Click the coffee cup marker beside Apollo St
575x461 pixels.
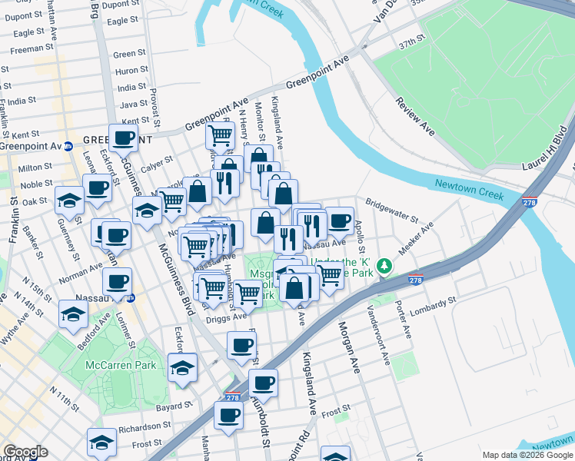pos(339,221)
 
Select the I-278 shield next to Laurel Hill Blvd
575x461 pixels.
pos(529,202)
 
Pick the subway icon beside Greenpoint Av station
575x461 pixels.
pos(68,145)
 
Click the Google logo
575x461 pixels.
pos(25,453)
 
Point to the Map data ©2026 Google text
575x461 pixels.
pos(527,455)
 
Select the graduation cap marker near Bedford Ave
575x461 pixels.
pos(73,313)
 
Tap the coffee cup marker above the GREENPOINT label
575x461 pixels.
pos(123,138)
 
